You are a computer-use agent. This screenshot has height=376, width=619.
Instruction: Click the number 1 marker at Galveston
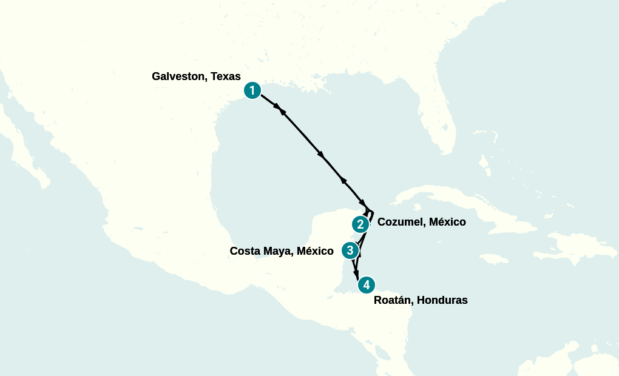[x=253, y=90]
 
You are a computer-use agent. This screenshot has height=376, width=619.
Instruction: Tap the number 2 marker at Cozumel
[x=360, y=224]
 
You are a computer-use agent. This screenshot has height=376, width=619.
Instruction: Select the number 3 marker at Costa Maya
[x=350, y=250]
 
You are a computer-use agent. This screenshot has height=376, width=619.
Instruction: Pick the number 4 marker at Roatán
[x=366, y=284]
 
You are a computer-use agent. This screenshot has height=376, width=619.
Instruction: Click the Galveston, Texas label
[x=196, y=76]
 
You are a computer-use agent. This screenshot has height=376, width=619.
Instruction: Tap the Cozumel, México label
[x=421, y=222]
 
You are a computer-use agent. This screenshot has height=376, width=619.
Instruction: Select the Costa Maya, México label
[x=282, y=250]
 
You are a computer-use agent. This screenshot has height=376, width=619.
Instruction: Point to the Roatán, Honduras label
[x=421, y=300]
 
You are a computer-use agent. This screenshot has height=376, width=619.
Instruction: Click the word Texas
[x=225, y=76]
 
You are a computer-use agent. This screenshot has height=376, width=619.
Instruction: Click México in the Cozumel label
[x=447, y=222]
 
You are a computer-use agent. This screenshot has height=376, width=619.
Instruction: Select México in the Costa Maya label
[x=315, y=250]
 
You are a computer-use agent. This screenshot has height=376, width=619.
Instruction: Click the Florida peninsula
[x=441, y=127]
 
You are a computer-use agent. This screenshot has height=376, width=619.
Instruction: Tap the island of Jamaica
[x=495, y=258]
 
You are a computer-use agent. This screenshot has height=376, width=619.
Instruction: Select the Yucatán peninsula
[x=331, y=230]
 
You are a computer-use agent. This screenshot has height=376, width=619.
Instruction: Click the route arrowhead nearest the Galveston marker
[x=279, y=108]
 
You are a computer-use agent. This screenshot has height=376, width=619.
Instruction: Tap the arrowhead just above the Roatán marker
[x=357, y=273]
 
